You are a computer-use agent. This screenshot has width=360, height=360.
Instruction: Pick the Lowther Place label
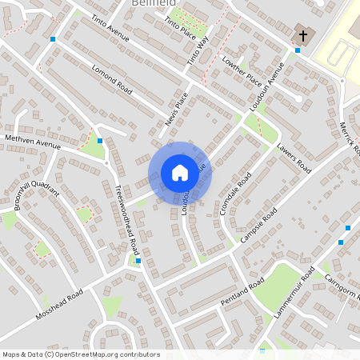coord(242,71)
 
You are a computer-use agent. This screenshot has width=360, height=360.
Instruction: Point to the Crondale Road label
coord(235,193)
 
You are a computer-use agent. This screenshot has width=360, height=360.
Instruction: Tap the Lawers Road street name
coord(294,158)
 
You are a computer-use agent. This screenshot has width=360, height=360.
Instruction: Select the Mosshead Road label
coord(59,305)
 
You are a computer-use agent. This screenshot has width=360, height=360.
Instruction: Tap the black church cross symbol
coord(302,34)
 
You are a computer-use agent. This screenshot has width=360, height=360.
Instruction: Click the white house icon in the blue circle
coord(180,172)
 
